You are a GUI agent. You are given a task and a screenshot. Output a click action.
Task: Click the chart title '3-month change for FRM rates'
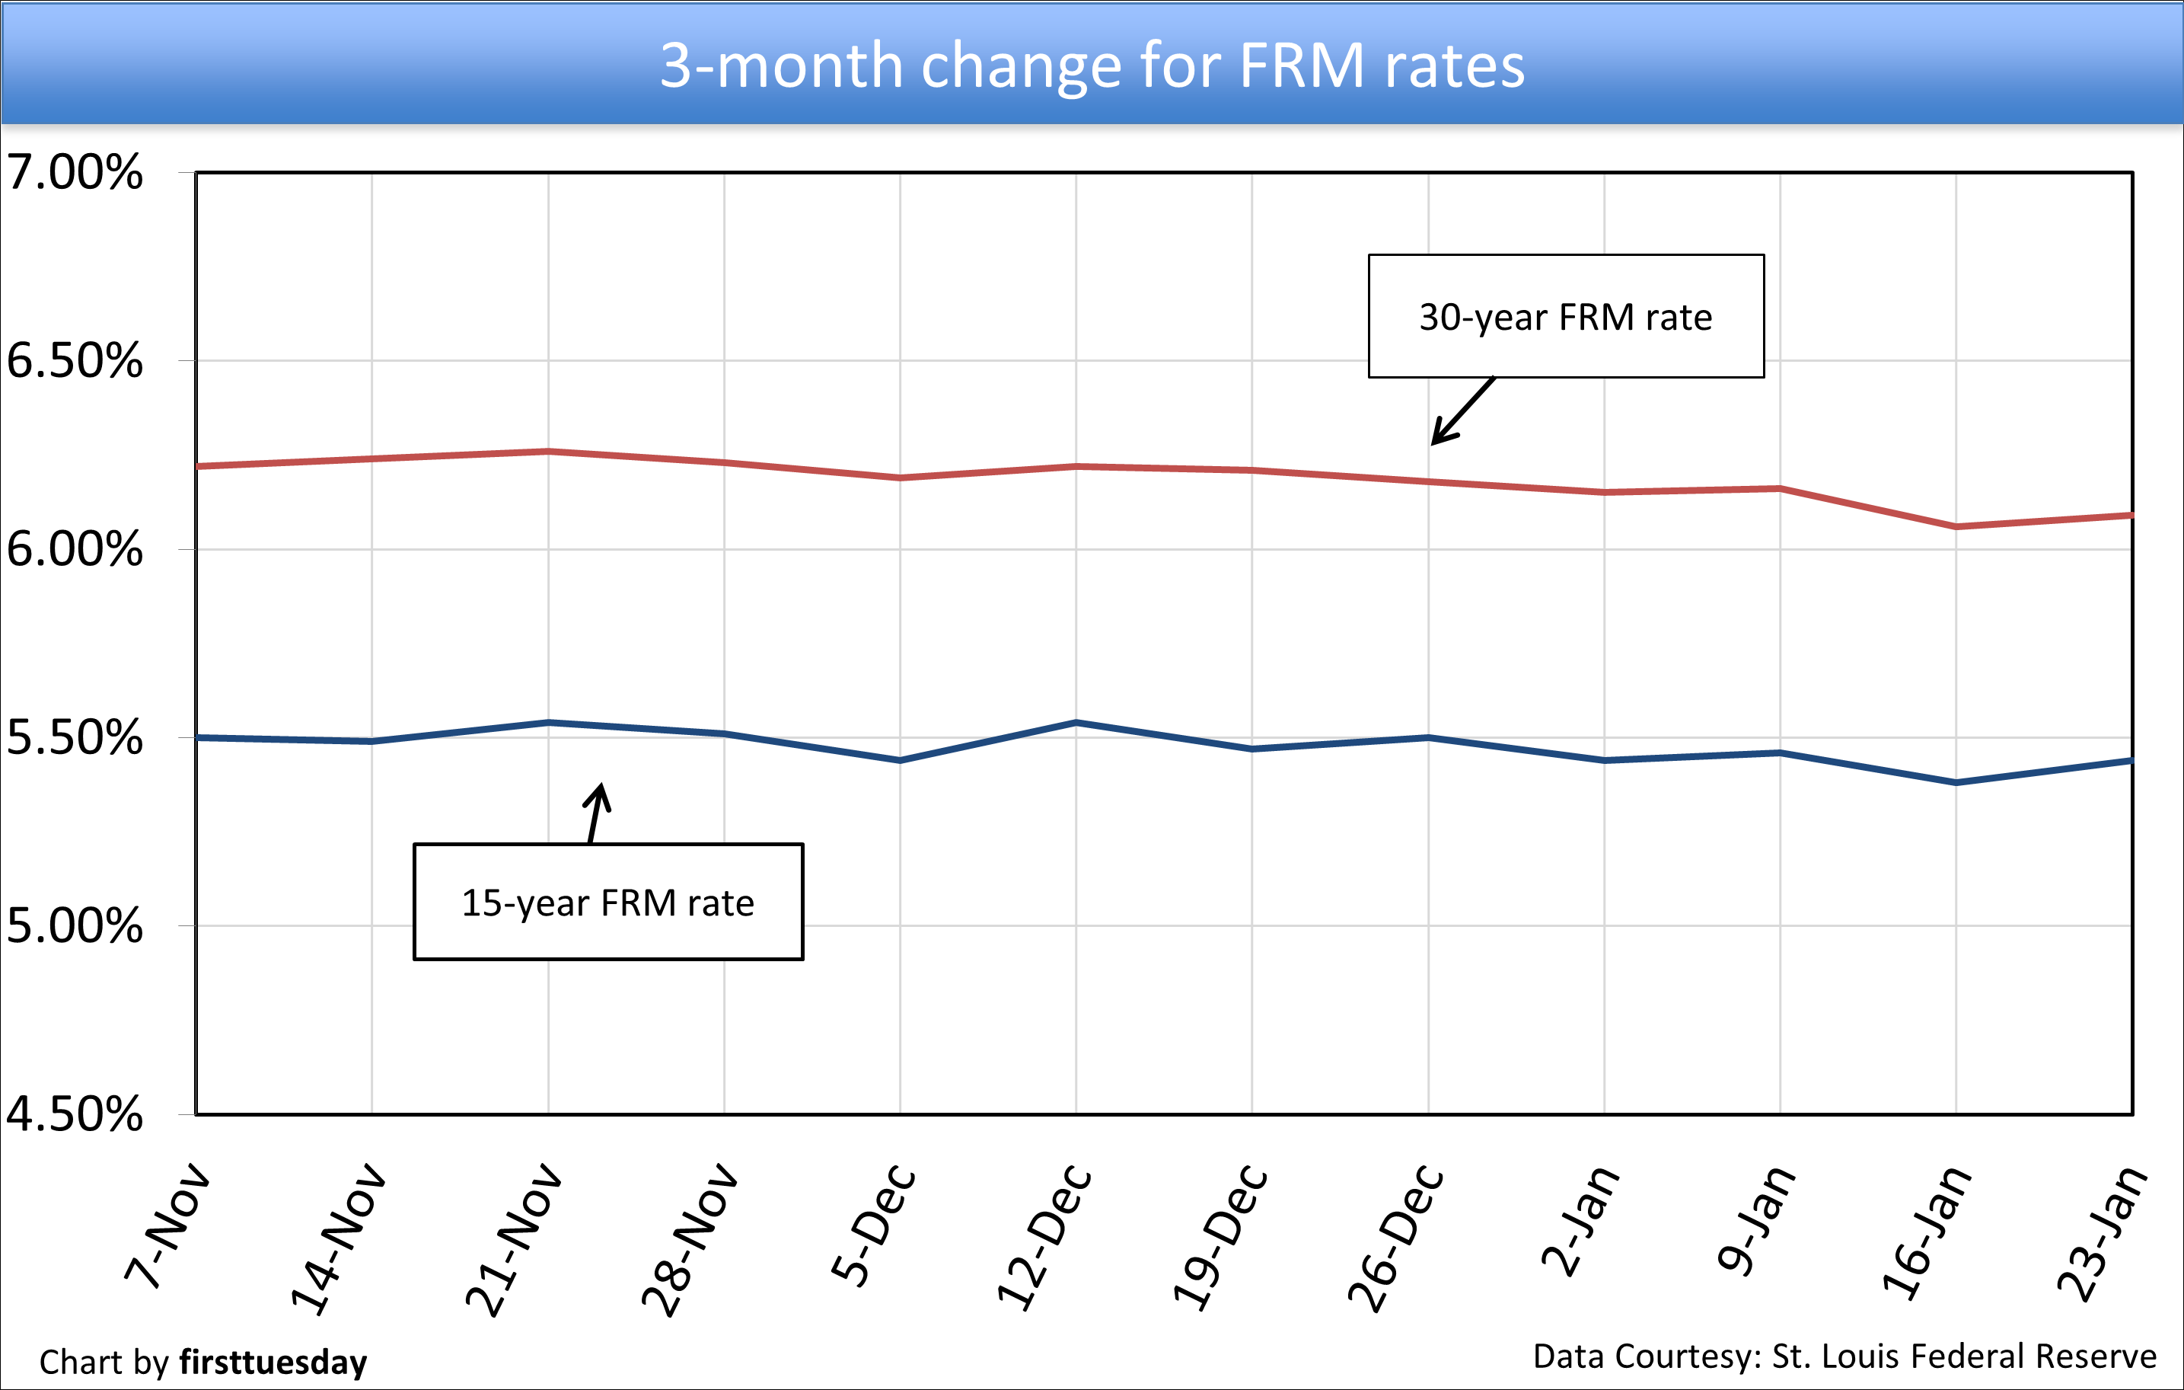pos(1091,66)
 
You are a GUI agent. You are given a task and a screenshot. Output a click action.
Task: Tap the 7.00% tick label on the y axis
pos(75,172)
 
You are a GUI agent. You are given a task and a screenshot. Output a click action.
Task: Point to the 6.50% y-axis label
pos(75,361)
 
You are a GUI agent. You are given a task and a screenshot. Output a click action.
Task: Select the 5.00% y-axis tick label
pos(75,926)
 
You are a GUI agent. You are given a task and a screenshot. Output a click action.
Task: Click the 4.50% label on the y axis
pos(75,1114)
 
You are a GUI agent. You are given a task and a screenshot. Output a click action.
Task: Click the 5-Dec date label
pos(872,1225)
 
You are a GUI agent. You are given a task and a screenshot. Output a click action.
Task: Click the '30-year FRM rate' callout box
pos(1565,317)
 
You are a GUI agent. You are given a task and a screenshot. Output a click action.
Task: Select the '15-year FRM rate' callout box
pos(607,903)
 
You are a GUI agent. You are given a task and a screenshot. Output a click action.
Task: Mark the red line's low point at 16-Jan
pos(1956,526)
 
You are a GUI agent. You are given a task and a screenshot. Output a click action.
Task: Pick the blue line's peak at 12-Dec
pos(1076,722)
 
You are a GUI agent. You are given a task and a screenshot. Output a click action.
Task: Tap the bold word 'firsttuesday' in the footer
pos(273,1363)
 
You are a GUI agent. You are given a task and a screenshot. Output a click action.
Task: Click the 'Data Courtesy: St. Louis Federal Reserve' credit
pos(1844,1356)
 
